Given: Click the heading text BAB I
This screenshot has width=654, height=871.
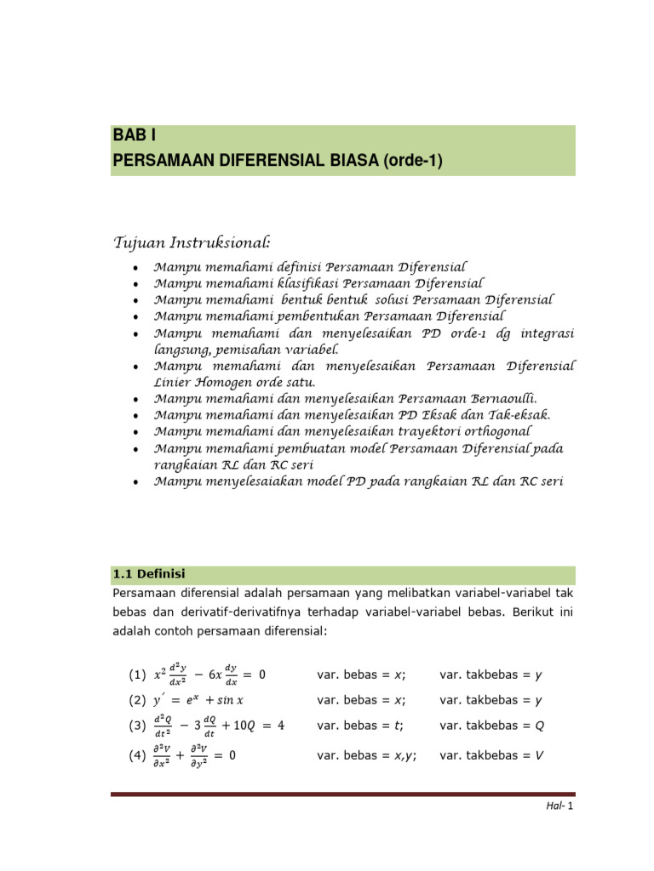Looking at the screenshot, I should [x=135, y=136].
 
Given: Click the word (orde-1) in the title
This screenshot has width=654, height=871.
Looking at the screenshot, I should [x=414, y=160].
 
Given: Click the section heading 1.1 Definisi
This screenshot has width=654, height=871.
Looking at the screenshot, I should [x=149, y=574].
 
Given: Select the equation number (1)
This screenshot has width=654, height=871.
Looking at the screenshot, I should [x=136, y=675].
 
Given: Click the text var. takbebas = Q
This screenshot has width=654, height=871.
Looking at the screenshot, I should [x=490, y=726].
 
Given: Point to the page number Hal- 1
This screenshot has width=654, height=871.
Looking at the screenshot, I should [x=560, y=806].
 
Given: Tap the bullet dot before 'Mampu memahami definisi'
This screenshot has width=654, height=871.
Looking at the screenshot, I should [x=136, y=268].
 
